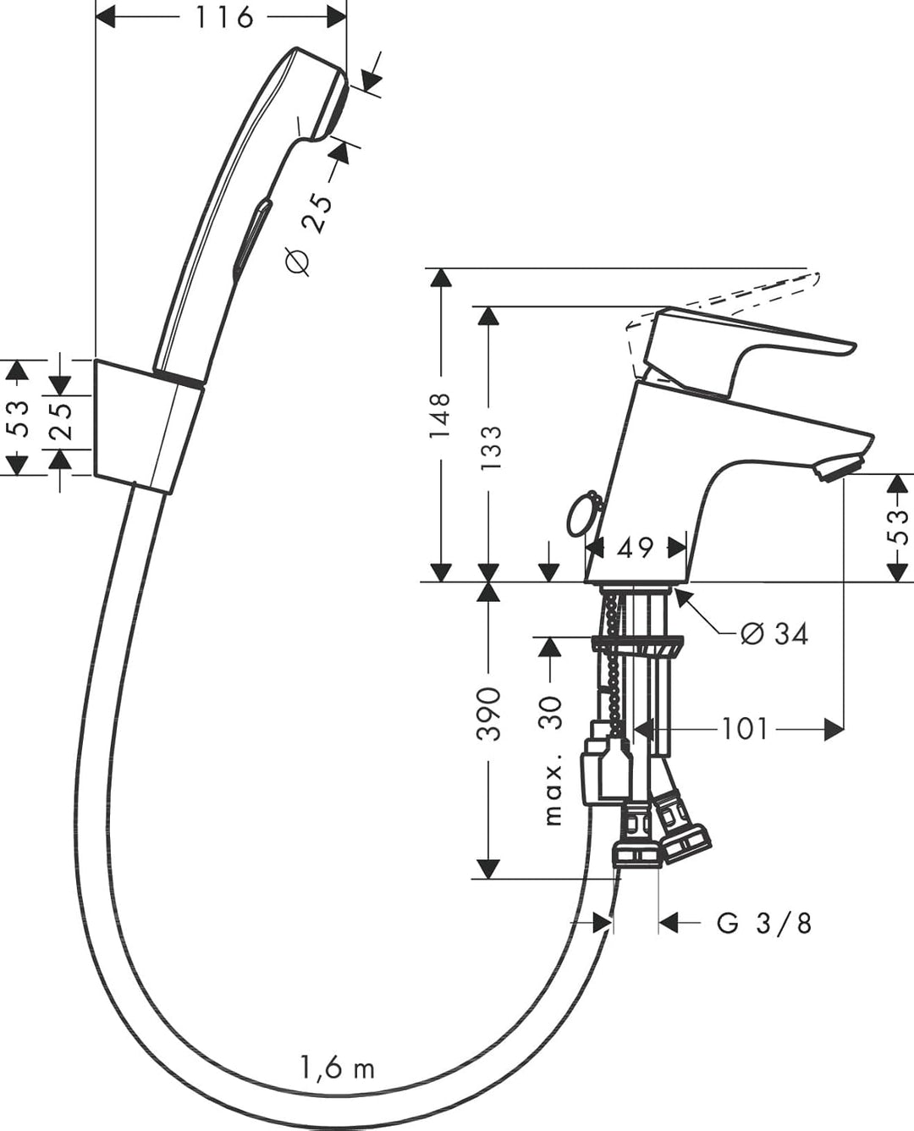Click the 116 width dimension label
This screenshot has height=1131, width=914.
[x=223, y=18]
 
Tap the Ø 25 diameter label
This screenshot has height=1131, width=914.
[x=308, y=234]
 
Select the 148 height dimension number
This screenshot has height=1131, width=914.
[x=439, y=415]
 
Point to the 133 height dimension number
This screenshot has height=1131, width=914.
[x=490, y=447]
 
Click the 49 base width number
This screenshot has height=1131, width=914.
[x=635, y=548]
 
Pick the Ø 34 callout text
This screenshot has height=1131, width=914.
[x=774, y=633]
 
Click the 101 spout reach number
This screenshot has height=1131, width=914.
[x=744, y=730]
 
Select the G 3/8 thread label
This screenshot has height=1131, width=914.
[x=764, y=924]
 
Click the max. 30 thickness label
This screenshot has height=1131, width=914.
[x=553, y=760]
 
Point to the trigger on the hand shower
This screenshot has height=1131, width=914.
[x=251, y=239]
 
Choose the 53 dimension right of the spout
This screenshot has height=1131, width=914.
[x=897, y=527]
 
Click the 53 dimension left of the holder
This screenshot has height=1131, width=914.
[x=17, y=418]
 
